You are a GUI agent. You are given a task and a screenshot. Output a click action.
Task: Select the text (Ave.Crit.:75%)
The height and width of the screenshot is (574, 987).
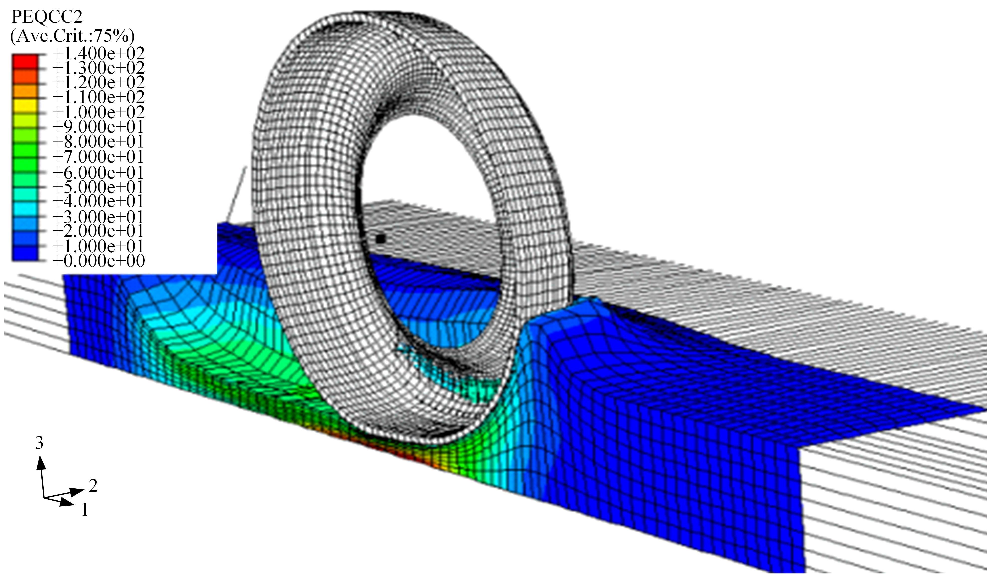click(72, 36)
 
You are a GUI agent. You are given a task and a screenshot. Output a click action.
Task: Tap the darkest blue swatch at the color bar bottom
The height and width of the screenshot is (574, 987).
click(25, 254)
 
